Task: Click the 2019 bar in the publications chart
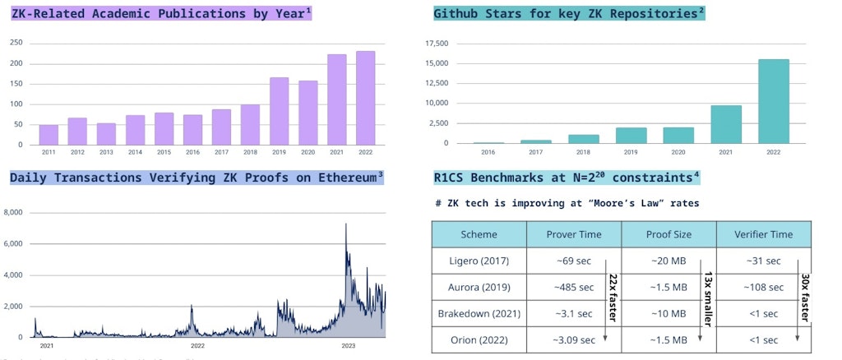(x=280, y=111)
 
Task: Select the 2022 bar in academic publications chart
(x=365, y=98)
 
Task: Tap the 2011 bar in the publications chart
(x=49, y=135)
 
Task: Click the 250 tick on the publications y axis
(x=16, y=44)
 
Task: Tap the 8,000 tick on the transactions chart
(x=14, y=213)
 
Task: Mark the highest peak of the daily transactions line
(x=346, y=224)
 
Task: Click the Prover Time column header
(x=574, y=234)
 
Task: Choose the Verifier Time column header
(x=764, y=234)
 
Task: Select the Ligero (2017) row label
(x=479, y=261)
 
